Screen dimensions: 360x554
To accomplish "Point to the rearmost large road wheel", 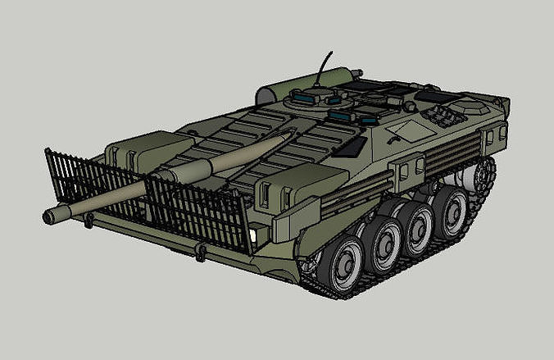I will coord(451,212).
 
